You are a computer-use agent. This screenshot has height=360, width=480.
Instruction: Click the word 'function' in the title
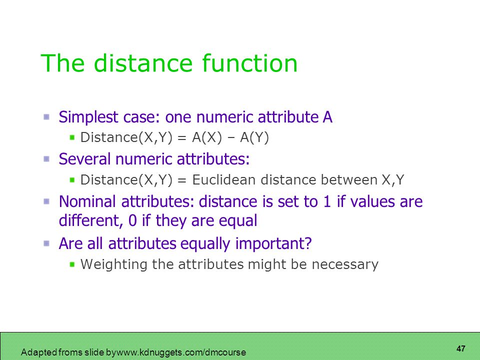pos(249,63)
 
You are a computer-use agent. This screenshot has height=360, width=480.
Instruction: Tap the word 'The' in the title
pos(62,63)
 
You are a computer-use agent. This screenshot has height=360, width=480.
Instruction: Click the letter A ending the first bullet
pos(327,117)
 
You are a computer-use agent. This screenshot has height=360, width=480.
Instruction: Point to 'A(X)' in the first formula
pos(206,137)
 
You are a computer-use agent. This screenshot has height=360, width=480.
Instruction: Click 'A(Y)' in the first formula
pos(254,137)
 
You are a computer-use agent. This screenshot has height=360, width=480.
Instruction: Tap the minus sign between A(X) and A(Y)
pos(231,138)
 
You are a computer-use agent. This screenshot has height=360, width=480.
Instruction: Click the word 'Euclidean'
pos(224,179)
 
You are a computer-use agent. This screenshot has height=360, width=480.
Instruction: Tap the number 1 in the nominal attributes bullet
pos(327,201)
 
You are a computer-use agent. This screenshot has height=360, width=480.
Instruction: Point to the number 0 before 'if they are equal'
pos(132,220)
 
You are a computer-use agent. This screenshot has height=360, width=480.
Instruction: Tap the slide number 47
pos(460,348)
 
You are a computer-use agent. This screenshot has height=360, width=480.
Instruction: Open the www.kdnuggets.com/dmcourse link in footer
pos(181,352)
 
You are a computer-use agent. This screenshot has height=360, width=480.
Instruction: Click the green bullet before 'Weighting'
pos(72,264)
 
